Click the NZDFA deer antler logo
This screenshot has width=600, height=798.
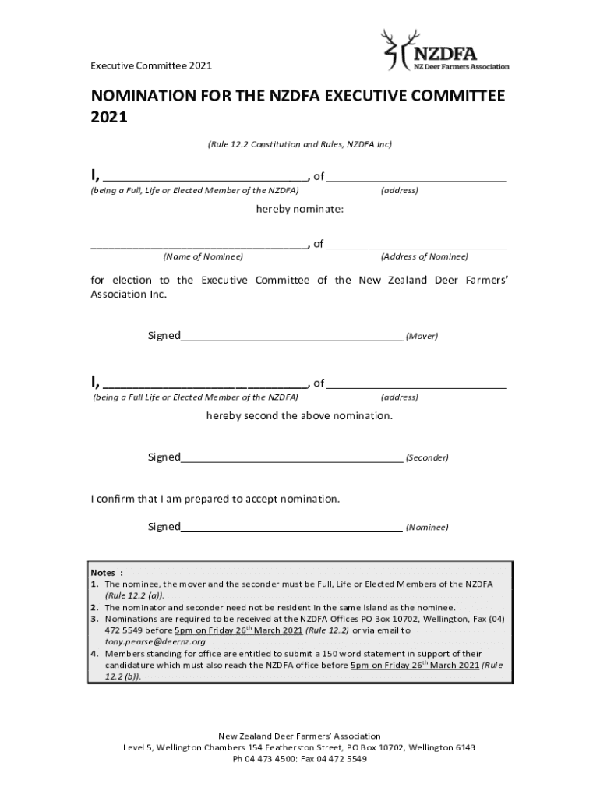pyautogui.click(x=393, y=49)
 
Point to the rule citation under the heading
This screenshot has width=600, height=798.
pyautogui.click(x=299, y=144)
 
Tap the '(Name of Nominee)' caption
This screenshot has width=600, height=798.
pyautogui.click(x=203, y=256)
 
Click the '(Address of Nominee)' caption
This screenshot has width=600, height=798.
pyautogui.click(x=424, y=256)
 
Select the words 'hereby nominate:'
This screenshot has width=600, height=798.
pyautogui.click(x=300, y=210)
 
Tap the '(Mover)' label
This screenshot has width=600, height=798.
pyautogui.click(x=422, y=337)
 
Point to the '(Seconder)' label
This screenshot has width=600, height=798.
pyautogui.click(x=427, y=458)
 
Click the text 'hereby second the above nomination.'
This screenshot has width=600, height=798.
pyautogui.click(x=299, y=416)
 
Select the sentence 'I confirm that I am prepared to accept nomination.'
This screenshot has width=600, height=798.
pyautogui.click(x=216, y=499)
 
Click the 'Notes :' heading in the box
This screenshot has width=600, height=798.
pyautogui.click(x=107, y=572)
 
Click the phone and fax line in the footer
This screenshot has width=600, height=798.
pyautogui.click(x=299, y=759)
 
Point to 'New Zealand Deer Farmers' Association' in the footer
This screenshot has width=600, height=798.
pyautogui.click(x=299, y=736)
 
